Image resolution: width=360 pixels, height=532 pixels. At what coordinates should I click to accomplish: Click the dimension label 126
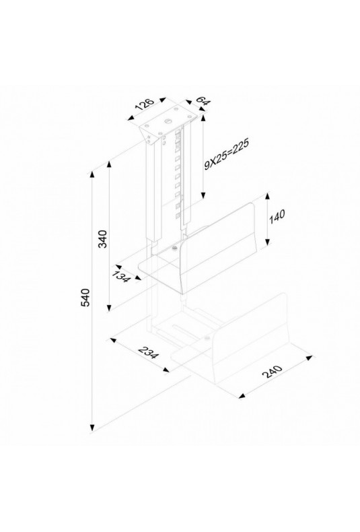click(145, 104)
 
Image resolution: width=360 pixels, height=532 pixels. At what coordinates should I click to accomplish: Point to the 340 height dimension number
click(102, 239)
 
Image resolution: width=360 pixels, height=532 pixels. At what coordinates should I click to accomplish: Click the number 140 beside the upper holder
click(277, 217)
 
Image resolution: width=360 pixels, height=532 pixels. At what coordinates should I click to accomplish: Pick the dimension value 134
click(121, 277)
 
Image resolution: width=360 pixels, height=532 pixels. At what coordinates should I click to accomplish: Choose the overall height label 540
click(85, 297)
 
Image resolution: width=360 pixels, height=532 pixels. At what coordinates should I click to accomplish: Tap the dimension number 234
click(149, 353)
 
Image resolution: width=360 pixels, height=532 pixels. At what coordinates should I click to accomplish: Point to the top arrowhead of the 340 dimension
click(109, 165)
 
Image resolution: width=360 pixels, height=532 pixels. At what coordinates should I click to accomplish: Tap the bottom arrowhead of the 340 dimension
click(109, 307)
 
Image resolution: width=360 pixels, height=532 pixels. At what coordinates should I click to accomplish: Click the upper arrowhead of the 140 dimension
click(267, 197)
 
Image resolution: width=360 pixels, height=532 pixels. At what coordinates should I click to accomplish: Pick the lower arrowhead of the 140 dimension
click(267, 242)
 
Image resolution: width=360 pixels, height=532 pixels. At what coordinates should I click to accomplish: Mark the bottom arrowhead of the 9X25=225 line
click(203, 195)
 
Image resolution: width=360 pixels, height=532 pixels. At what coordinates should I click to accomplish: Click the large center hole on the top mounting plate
click(168, 121)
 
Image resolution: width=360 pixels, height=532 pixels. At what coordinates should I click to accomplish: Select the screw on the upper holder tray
click(174, 249)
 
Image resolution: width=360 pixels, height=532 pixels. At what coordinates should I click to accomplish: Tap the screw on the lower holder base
click(207, 339)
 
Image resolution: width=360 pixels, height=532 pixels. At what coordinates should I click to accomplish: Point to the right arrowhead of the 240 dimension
click(309, 358)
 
